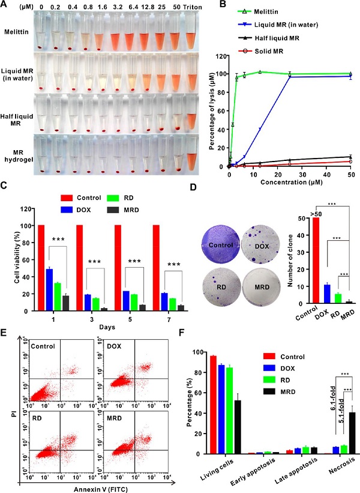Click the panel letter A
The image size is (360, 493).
[x=5, y=5]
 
